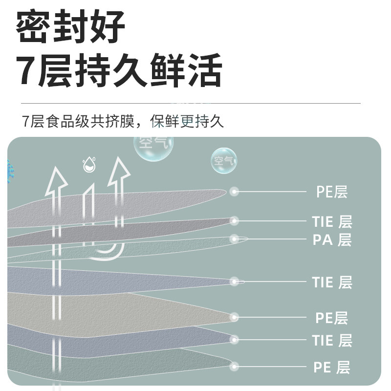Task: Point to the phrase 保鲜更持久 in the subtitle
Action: click(x=187, y=121)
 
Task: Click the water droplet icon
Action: click(x=88, y=165)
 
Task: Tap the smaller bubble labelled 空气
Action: click(x=224, y=160)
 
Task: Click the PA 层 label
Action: click(x=332, y=240)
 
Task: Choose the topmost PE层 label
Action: click(x=331, y=192)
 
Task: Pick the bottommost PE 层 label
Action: click(x=332, y=367)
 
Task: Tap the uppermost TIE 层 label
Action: click(x=332, y=221)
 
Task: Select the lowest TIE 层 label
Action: click(x=332, y=340)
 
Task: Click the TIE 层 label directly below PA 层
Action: click(x=332, y=282)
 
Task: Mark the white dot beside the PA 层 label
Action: click(x=235, y=239)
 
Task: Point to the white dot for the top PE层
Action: click(x=235, y=192)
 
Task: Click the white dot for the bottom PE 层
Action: click(x=235, y=366)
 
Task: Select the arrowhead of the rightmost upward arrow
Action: click(x=118, y=169)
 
